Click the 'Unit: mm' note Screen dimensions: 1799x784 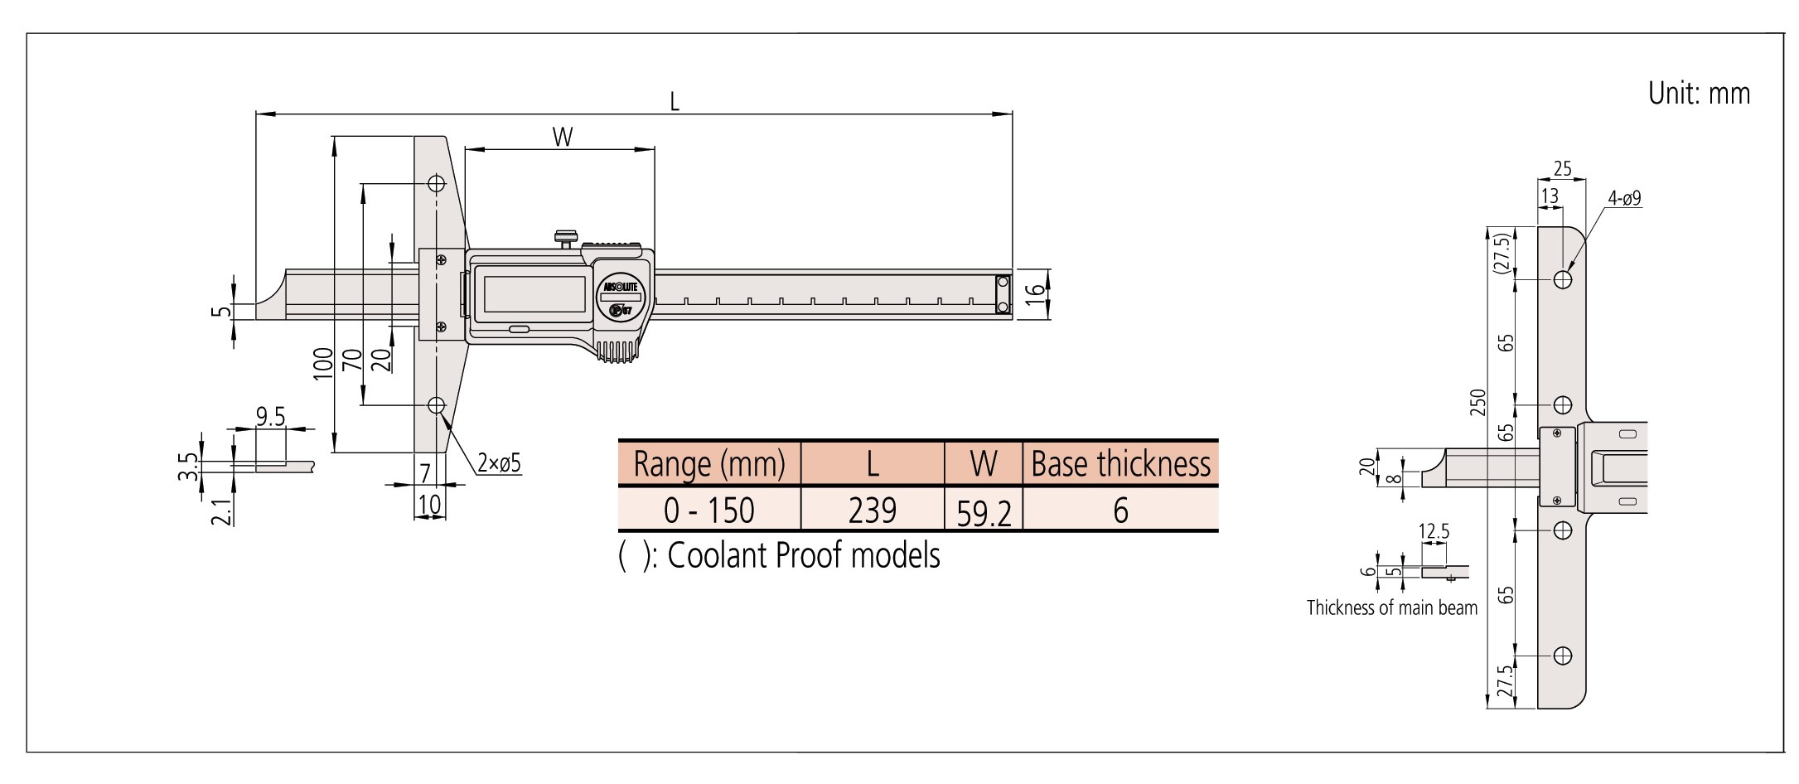pyautogui.click(x=1699, y=94)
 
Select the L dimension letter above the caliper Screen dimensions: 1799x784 pyautogui.click(x=675, y=102)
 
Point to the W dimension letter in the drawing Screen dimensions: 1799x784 pyautogui.click(x=563, y=137)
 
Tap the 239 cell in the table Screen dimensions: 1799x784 pyautogui.click(x=873, y=510)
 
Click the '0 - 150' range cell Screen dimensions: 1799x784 pyautogui.click(x=709, y=510)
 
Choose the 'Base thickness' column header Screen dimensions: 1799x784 pyautogui.click(x=1120, y=464)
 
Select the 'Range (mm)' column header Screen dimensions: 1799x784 pyautogui.click(x=709, y=464)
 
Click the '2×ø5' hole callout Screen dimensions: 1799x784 pyautogui.click(x=499, y=462)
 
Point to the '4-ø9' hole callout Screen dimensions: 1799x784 pyautogui.click(x=1624, y=199)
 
